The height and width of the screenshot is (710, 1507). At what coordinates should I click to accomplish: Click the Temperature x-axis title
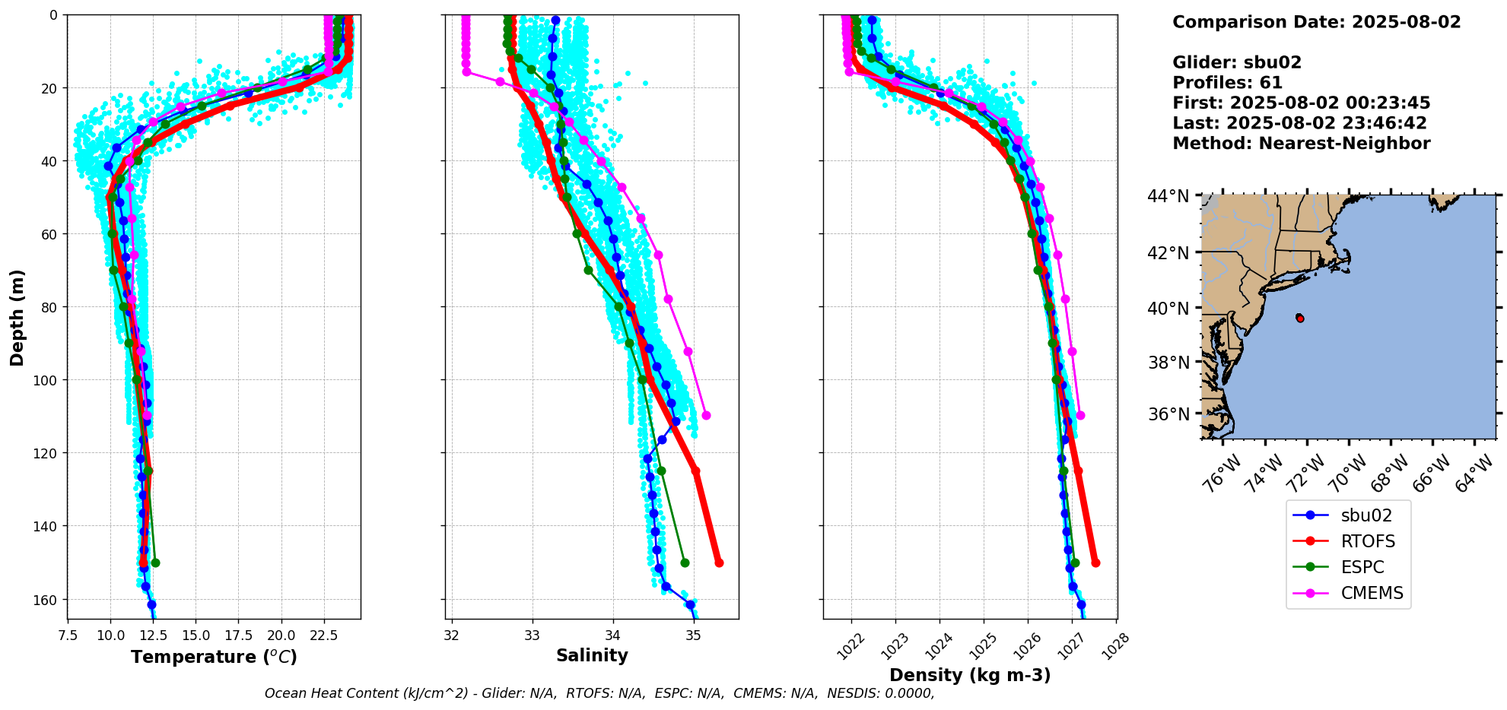pos(214,657)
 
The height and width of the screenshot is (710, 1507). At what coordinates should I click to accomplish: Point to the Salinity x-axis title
pos(592,656)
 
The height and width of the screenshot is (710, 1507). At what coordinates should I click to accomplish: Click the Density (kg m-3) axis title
pos(970,675)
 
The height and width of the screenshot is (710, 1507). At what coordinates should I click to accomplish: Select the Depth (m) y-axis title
pos(17,317)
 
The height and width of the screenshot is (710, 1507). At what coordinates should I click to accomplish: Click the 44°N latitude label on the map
pos(1168,196)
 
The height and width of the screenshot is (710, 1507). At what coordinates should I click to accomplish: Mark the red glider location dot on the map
pos(1300,318)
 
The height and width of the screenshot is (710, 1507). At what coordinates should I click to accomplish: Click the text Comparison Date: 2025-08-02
pos(1316,22)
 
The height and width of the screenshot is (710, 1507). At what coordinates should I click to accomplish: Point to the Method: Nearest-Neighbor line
pos(1301,144)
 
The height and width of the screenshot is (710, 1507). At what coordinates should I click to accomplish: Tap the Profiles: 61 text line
pos(1227,83)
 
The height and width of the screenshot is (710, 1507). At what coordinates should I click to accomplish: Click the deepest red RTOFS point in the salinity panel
pos(719,563)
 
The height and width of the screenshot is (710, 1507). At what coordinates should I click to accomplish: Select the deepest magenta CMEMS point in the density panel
pos(1080,415)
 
